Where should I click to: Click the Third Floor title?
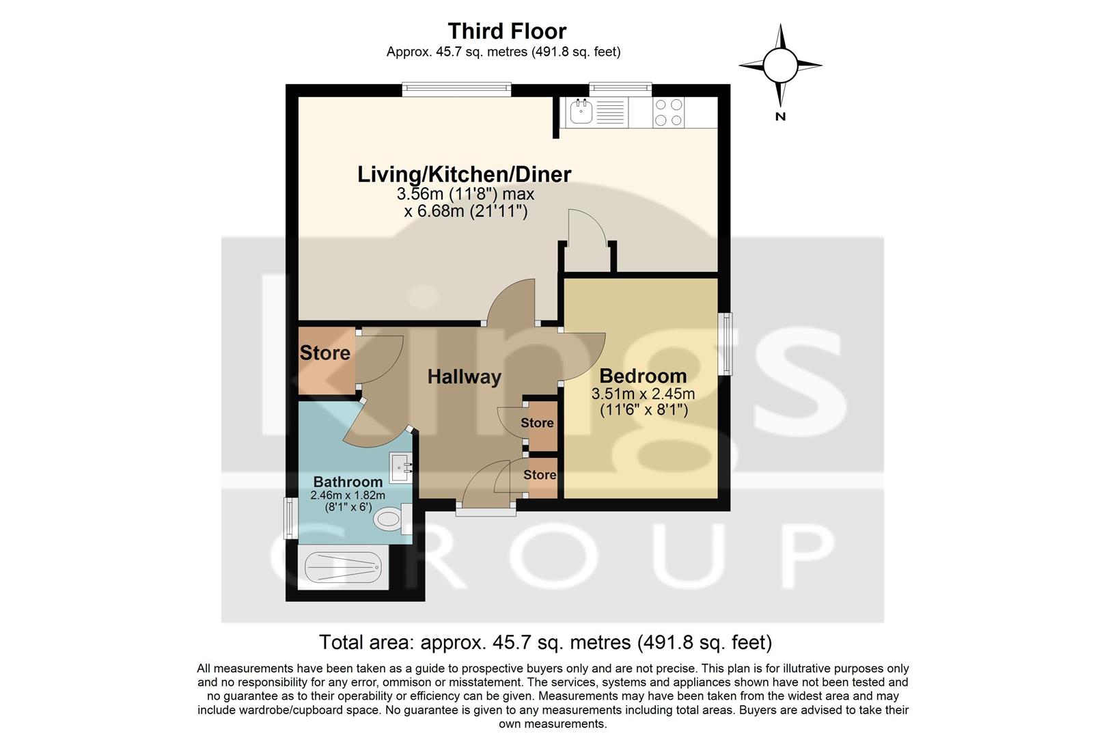click(x=507, y=31)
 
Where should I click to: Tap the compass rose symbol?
click(x=780, y=66)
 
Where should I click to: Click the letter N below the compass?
click(x=780, y=117)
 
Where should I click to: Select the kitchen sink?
click(x=581, y=112)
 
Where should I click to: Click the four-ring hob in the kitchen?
click(x=668, y=113)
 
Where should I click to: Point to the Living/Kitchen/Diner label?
click(x=464, y=174)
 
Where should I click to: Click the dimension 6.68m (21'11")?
click(x=465, y=211)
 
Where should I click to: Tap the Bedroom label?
click(x=643, y=376)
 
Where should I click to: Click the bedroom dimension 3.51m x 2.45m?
click(x=643, y=394)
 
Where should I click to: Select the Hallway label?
click(x=464, y=377)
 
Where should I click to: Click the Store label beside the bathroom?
click(x=324, y=353)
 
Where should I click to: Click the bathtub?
click(x=342, y=566)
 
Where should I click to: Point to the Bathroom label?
click(x=348, y=482)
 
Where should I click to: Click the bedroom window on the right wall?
click(x=727, y=343)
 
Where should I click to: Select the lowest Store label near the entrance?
click(x=540, y=474)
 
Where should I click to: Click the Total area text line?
click(x=545, y=642)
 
